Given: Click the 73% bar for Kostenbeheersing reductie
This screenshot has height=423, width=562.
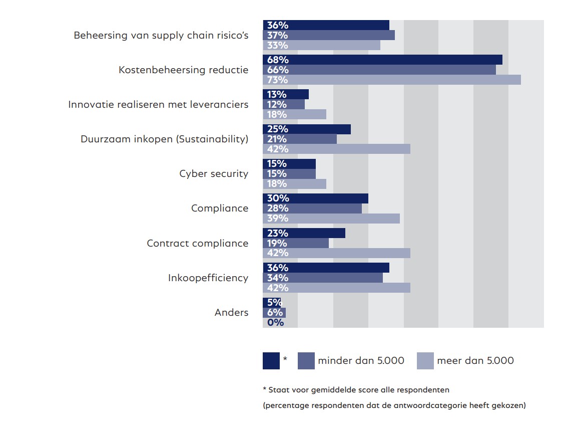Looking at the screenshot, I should [x=392, y=80].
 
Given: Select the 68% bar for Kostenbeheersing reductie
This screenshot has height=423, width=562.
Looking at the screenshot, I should [x=382, y=60].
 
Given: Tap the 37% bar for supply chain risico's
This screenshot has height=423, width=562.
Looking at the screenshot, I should [x=329, y=35].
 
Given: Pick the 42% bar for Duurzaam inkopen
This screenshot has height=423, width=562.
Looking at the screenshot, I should [x=336, y=149].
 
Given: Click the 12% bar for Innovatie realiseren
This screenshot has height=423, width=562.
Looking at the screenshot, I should [x=284, y=104].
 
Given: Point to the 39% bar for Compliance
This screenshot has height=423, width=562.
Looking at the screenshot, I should [x=331, y=219].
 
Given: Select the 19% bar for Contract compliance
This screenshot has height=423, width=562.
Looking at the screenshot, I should [x=296, y=243].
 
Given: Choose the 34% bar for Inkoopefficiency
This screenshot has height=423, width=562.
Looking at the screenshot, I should [x=323, y=278].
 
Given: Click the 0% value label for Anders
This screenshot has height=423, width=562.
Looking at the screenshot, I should [x=275, y=323].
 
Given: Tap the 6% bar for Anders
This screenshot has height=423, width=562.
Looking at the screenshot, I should [x=274, y=313].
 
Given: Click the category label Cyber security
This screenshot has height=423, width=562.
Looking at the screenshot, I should [x=214, y=174].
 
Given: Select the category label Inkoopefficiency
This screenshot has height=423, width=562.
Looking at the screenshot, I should [x=208, y=278].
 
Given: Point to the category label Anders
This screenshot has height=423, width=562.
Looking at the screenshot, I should [x=231, y=313].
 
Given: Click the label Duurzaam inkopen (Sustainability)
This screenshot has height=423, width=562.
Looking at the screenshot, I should [x=164, y=139].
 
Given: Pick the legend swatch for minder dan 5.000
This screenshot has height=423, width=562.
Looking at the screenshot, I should [x=306, y=361].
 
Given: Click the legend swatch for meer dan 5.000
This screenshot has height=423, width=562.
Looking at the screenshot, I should [x=425, y=361].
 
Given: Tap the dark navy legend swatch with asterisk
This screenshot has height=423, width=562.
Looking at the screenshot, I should [x=271, y=361].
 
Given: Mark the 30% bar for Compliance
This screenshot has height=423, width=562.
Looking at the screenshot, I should [x=315, y=198].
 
